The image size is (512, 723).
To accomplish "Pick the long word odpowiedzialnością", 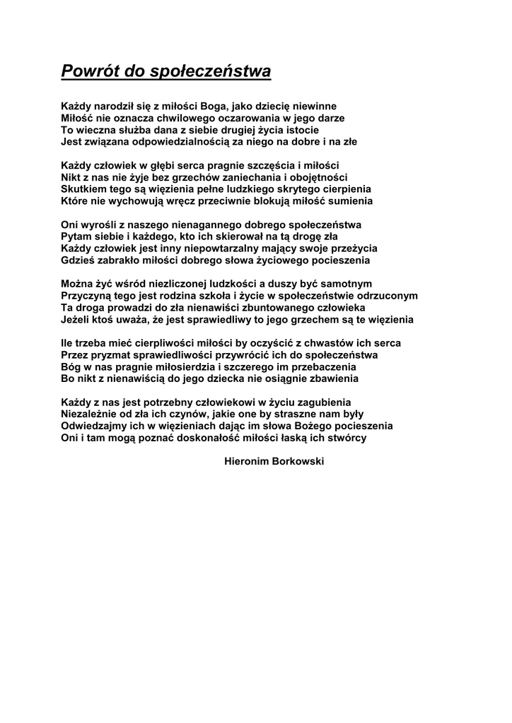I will tap(178, 142).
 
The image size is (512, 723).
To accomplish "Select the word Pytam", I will tap(76, 237).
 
